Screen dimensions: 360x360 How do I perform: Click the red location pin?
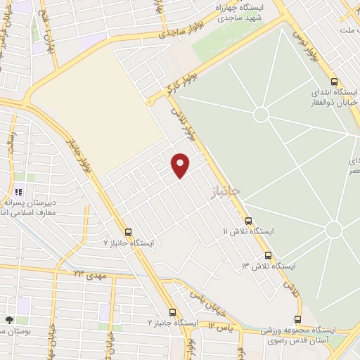pyautogui.click(x=181, y=165)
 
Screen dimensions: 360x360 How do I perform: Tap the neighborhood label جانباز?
pyautogui.click(x=226, y=191)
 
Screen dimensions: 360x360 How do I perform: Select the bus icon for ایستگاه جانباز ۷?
pyautogui.click(x=128, y=232)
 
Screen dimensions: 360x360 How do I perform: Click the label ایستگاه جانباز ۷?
pyautogui.click(x=128, y=243)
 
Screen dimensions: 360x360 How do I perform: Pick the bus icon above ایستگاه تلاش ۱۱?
pyautogui.click(x=248, y=221)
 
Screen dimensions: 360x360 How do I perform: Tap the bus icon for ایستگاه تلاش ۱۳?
pyautogui.click(x=268, y=255)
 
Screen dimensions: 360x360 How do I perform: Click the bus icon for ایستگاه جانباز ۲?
pyautogui.click(x=173, y=312)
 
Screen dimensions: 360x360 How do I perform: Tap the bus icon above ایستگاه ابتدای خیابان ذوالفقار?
pyautogui.click(x=334, y=82)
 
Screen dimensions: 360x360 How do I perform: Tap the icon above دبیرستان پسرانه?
pyautogui.click(x=19, y=191)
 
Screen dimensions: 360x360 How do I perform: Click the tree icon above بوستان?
pyautogui.click(x=8, y=320)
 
